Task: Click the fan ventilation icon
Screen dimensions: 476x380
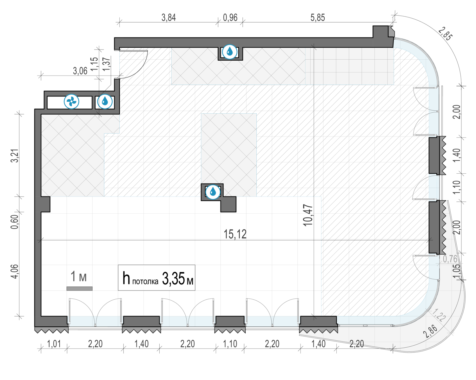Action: [71, 102]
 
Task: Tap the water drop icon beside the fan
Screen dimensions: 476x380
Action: [105, 102]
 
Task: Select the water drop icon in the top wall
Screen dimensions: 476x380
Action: [230, 52]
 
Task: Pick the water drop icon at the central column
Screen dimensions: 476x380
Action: [213, 192]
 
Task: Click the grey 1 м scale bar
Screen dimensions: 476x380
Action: [80, 289]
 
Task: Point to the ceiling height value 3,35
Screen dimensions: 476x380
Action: [173, 279]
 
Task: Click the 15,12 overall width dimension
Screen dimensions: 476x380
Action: [235, 234]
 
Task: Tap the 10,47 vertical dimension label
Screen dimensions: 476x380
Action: [308, 215]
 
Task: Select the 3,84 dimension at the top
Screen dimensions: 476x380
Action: [169, 18]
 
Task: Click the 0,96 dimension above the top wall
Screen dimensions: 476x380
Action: [230, 18]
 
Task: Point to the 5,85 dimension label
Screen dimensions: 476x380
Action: [318, 18]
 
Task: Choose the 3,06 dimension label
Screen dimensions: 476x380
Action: [80, 71]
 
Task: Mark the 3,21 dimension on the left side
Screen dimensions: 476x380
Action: [15, 156]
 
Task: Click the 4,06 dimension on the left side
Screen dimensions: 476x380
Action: [15, 271]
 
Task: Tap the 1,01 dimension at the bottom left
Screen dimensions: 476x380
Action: [54, 344]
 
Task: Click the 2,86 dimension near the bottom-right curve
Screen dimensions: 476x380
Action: [430, 331]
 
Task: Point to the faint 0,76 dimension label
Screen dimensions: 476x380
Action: [450, 259]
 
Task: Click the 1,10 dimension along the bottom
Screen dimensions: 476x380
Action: [230, 344]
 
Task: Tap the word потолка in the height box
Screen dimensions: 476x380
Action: [145, 282]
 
